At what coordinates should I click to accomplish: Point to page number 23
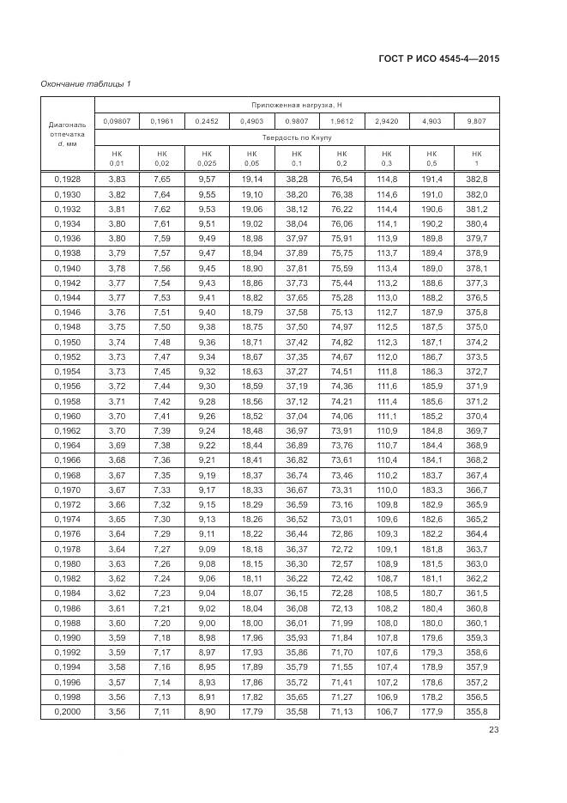tap(493, 730)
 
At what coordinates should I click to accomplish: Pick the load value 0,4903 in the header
tap(251, 121)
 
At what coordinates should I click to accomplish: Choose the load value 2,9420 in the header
tap(387, 121)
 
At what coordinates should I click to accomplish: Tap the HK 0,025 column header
tap(206, 157)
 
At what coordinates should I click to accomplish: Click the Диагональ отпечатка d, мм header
tap(66, 134)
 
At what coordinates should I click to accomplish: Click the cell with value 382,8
tap(477, 179)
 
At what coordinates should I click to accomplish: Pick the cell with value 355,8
tap(477, 711)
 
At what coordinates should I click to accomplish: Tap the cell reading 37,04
tap(297, 416)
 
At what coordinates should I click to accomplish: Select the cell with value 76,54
tap(341, 179)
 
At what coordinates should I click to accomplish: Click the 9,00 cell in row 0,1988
tap(207, 623)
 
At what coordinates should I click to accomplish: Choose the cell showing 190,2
tap(431, 223)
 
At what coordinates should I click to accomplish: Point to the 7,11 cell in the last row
tap(161, 711)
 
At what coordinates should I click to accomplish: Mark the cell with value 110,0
tap(387, 490)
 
